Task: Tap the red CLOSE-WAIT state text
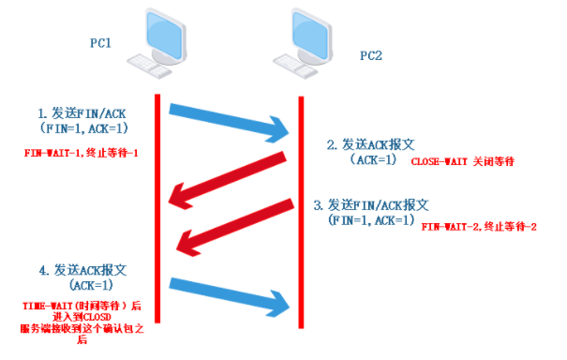pyautogui.click(x=463, y=162)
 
